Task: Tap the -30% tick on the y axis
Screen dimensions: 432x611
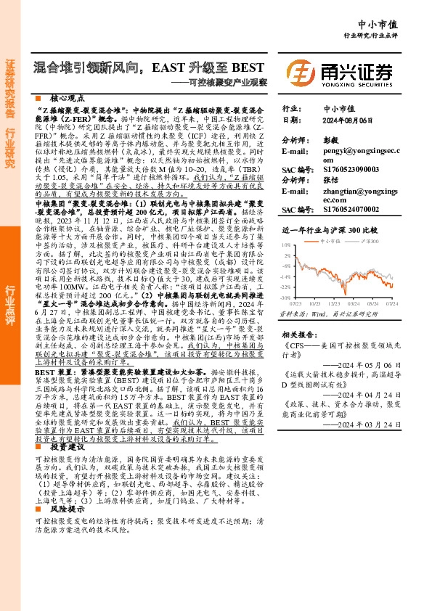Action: click(286, 298)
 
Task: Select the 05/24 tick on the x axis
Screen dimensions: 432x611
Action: click(375, 303)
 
